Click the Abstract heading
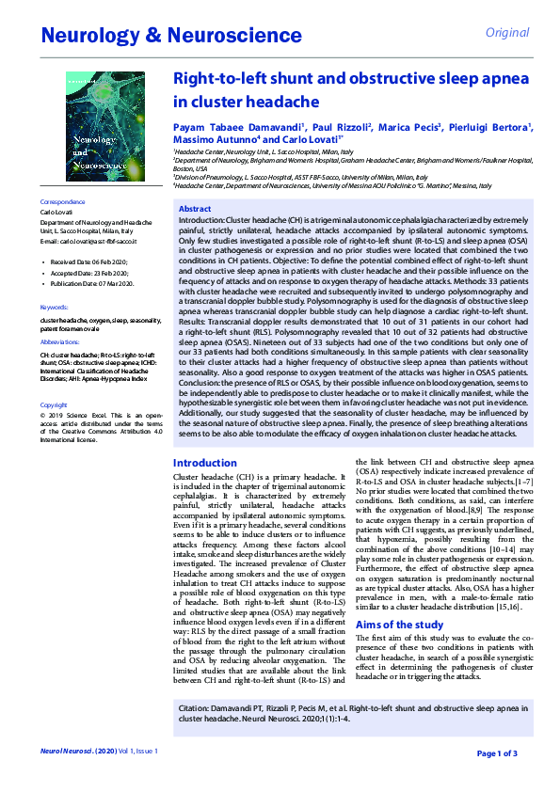click(x=195, y=209)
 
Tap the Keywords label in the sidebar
click(x=55, y=308)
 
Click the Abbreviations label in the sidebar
click(x=60, y=342)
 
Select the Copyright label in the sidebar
click(x=55, y=404)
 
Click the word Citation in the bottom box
click(x=195, y=706)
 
